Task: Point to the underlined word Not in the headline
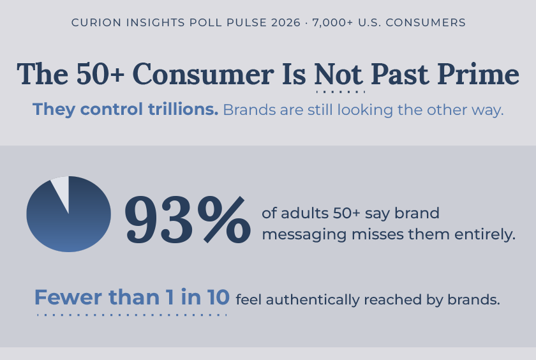pyautogui.click(x=338, y=75)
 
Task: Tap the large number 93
pyautogui.click(x=158, y=220)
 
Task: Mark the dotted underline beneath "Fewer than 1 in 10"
pyautogui.click(x=132, y=314)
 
